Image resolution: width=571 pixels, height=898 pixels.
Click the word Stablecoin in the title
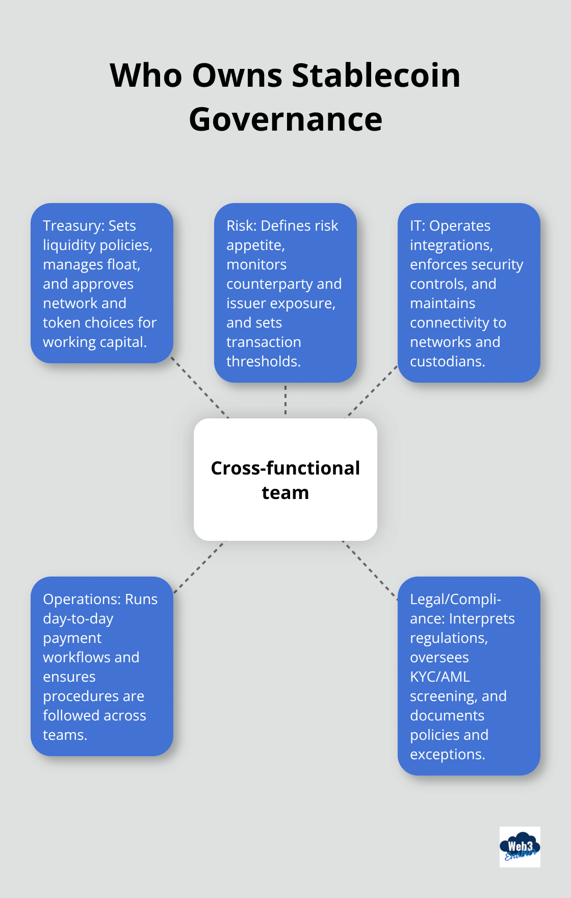(376, 76)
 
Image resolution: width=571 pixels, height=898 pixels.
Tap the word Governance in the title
(285, 120)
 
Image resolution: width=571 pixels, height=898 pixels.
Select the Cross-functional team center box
(285, 480)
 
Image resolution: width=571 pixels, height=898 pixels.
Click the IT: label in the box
(418, 226)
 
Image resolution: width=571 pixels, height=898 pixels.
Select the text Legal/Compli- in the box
(455, 599)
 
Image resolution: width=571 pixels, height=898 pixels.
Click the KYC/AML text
(440, 677)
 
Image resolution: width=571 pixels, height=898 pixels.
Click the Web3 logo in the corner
(520, 847)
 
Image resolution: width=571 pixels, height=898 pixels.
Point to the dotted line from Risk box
(285, 400)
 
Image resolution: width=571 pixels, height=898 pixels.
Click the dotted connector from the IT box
(372, 391)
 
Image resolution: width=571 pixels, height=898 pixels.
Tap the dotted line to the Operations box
(200, 566)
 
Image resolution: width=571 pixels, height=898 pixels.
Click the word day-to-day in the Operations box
(78, 618)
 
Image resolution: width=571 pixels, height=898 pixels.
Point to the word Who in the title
(146, 76)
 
